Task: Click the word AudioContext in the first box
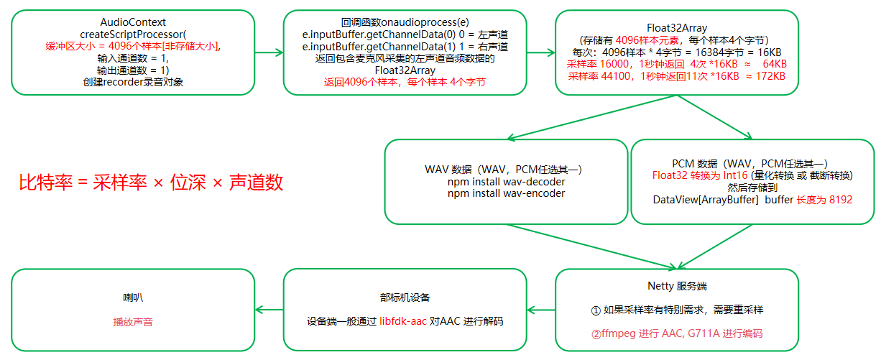tap(133, 22)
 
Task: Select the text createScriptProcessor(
tap(133, 34)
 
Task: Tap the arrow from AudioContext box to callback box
tap(269, 52)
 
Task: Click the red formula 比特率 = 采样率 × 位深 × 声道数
tap(151, 183)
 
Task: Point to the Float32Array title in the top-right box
tap(676, 28)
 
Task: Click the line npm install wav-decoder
tap(506, 182)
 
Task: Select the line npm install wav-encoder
tap(506, 193)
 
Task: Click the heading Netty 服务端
tap(676, 286)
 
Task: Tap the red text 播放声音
tap(133, 322)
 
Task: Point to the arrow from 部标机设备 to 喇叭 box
tap(269, 310)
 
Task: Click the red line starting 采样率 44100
tap(676, 76)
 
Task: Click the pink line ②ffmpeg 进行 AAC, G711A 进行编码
tap(676, 333)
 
